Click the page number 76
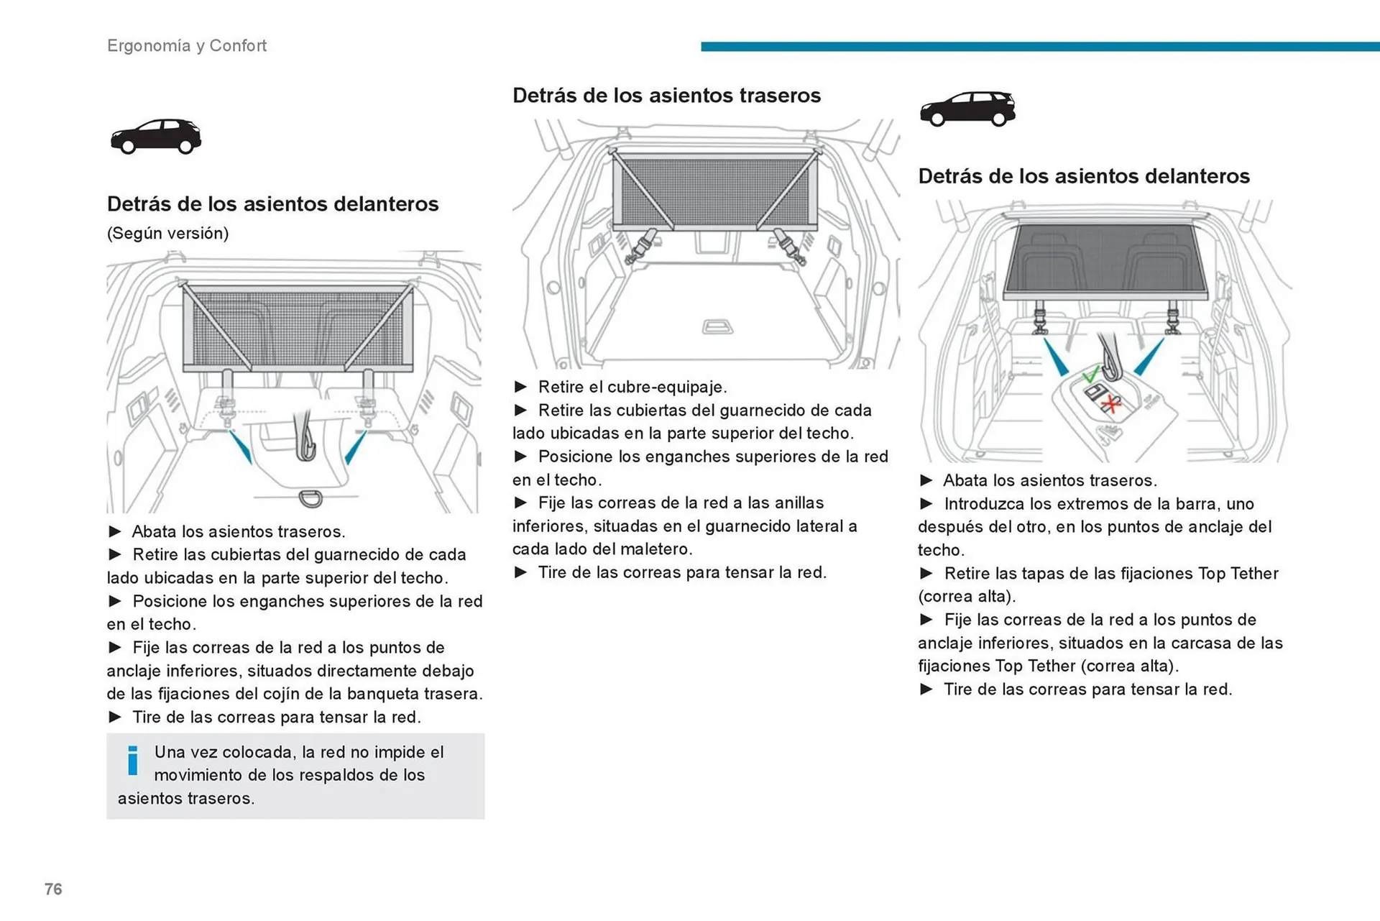(x=53, y=889)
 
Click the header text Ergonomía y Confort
(x=187, y=46)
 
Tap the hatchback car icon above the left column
(x=156, y=136)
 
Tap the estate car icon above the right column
(x=967, y=109)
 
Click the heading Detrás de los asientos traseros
(x=666, y=96)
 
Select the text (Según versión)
(x=167, y=234)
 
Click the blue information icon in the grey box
(x=133, y=761)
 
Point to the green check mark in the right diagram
(x=1090, y=375)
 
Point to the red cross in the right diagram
(x=1112, y=404)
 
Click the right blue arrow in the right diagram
(x=1149, y=357)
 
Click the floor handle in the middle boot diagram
(x=717, y=328)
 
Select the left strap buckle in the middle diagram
(x=641, y=247)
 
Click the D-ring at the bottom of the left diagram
(x=310, y=498)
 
